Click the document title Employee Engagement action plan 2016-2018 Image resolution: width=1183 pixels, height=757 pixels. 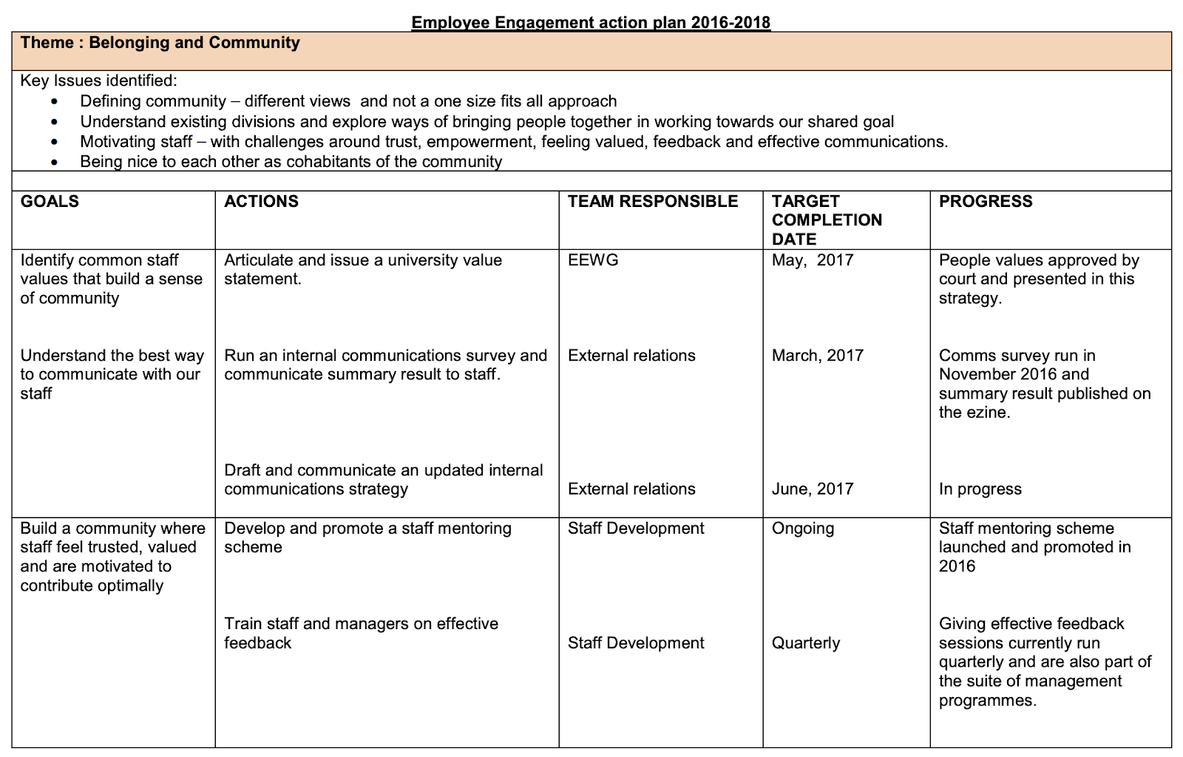click(x=591, y=23)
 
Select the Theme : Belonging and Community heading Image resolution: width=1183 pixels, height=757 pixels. click(x=160, y=43)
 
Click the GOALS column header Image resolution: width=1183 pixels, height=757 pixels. click(x=50, y=202)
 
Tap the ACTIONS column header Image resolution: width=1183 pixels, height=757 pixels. click(x=261, y=202)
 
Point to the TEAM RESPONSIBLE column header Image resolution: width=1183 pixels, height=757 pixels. click(x=653, y=202)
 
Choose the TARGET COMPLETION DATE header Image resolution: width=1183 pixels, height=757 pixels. click(x=827, y=220)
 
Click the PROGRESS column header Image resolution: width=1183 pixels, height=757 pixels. click(x=986, y=202)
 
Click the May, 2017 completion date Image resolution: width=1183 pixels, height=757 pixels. click(x=813, y=260)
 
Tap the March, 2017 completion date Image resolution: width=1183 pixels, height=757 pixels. click(x=818, y=356)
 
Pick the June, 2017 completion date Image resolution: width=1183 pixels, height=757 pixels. click(x=813, y=489)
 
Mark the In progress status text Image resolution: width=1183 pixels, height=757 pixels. click(x=980, y=489)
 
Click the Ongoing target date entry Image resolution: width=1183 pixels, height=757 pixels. click(x=803, y=529)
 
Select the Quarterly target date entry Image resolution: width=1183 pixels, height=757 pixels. click(x=806, y=643)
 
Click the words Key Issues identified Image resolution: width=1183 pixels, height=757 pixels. click(x=98, y=81)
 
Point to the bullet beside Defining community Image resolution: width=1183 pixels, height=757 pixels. click(x=54, y=102)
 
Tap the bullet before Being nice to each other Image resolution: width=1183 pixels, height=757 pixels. click(x=54, y=162)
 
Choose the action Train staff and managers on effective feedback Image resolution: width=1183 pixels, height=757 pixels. click(x=361, y=634)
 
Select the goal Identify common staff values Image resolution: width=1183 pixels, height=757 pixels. click(x=111, y=279)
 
